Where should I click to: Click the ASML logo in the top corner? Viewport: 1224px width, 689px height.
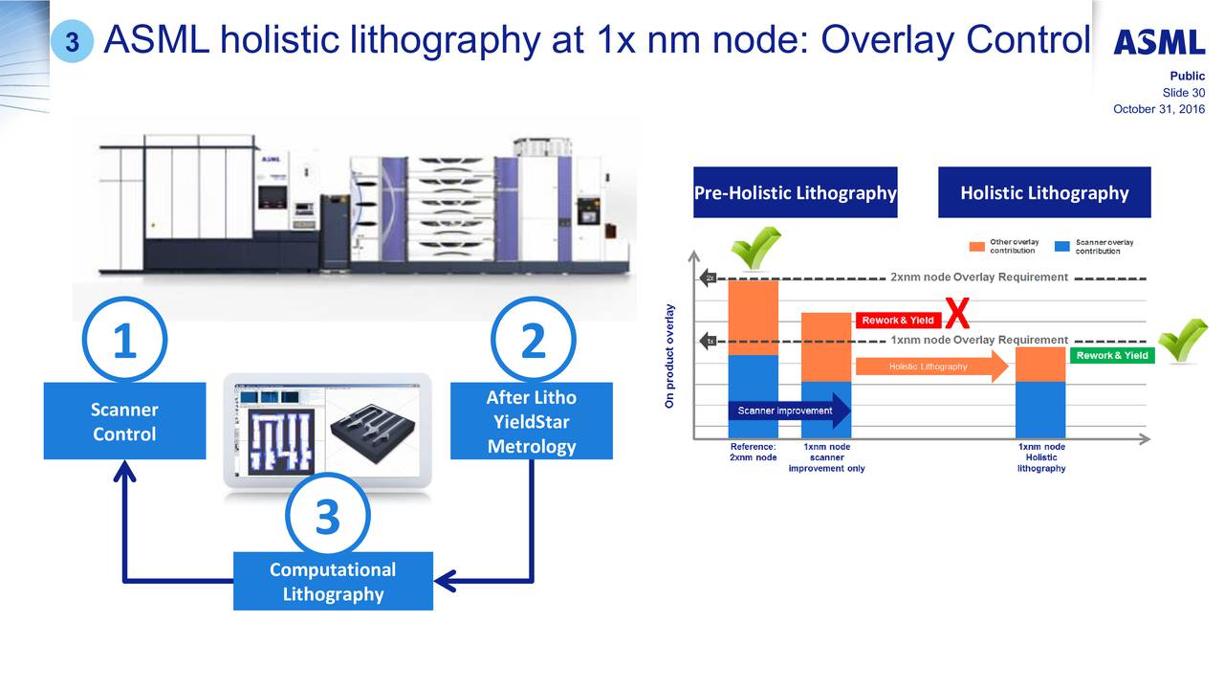click(1159, 43)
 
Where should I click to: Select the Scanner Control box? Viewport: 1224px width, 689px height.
click(124, 421)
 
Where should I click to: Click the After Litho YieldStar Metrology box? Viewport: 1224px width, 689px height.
click(531, 421)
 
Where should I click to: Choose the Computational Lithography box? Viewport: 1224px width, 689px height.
click(333, 581)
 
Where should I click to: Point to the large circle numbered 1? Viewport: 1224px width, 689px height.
click(124, 341)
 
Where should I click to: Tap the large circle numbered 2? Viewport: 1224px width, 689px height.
click(533, 341)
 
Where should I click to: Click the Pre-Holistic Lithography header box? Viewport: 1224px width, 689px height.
click(795, 192)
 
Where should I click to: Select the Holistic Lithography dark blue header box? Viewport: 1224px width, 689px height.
click(1044, 192)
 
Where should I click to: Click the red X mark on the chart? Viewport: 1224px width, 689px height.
click(957, 313)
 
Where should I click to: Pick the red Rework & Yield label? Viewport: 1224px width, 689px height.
click(898, 320)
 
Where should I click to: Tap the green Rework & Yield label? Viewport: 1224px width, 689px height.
click(1112, 355)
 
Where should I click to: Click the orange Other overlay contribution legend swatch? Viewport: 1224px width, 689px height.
click(976, 246)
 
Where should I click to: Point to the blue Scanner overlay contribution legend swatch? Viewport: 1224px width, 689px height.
click(1061, 246)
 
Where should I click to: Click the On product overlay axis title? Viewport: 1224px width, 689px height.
click(670, 356)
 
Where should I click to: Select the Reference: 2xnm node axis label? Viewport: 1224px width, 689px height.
click(753, 452)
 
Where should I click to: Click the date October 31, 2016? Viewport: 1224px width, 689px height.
click(1159, 109)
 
